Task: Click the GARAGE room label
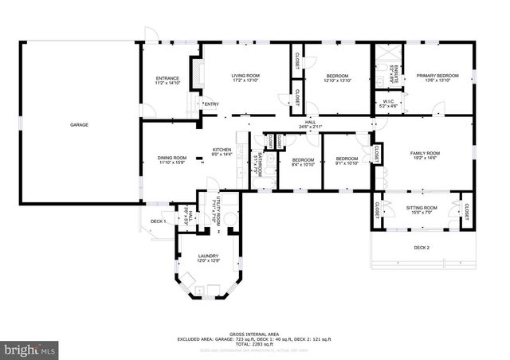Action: [x=79, y=125]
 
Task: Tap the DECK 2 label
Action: [x=422, y=248]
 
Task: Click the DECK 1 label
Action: [x=157, y=221]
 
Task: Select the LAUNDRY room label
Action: [x=208, y=256]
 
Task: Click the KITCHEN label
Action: [x=221, y=151]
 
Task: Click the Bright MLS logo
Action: [x=30, y=349]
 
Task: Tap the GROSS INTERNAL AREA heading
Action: [x=254, y=333]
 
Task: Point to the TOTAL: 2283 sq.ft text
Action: [x=254, y=344]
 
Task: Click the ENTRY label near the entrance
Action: [x=210, y=104]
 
